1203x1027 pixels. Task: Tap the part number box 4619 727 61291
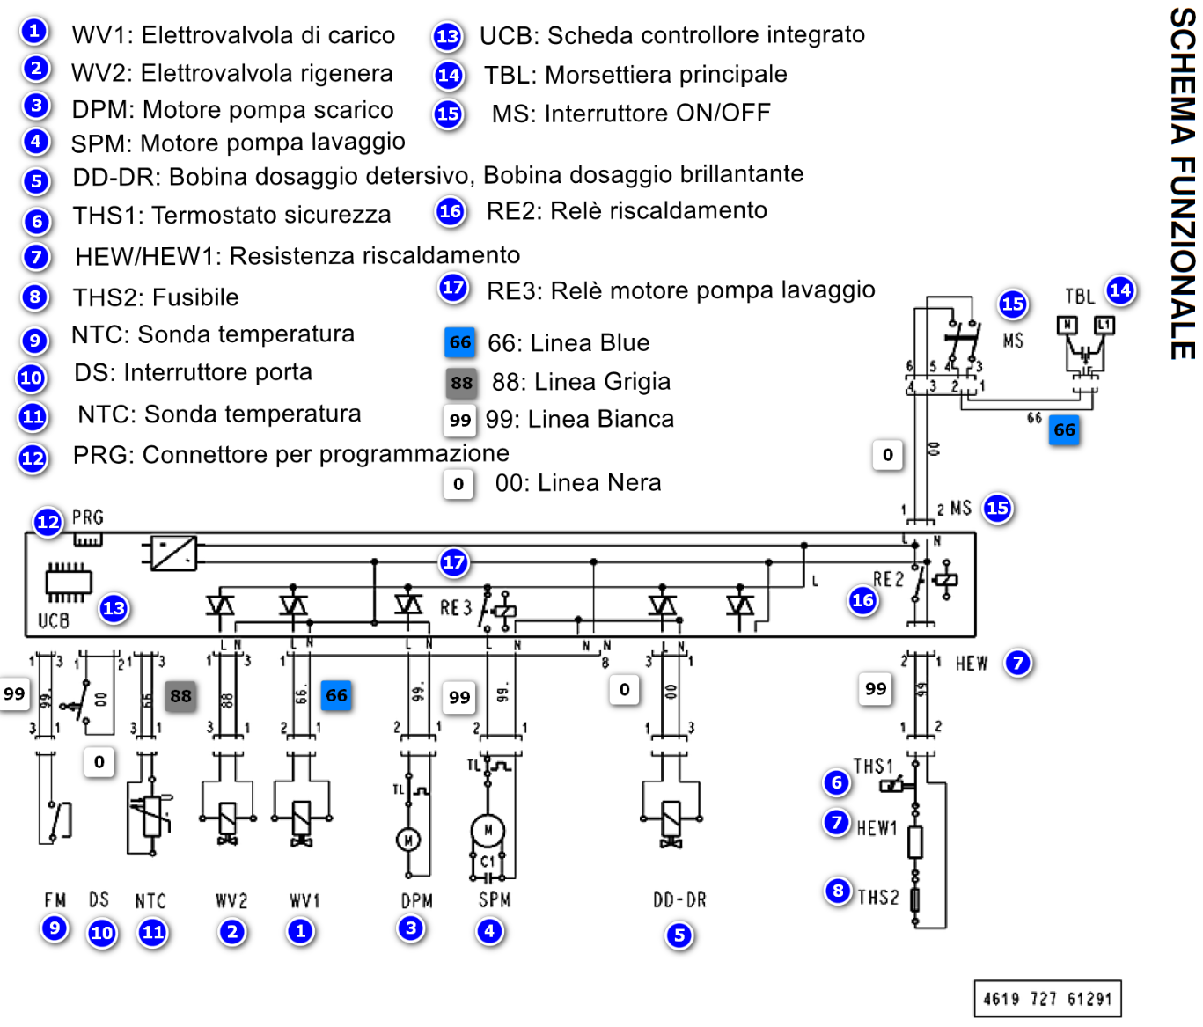pyautogui.click(x=1047, y=999)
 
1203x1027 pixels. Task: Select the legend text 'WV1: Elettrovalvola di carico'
pyautogui.click(x=233, y=35)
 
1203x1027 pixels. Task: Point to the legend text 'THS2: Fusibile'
pyautogui.click(x=156, y=297)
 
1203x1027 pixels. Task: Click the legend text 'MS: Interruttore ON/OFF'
pyautogui.click(x=631, y=114)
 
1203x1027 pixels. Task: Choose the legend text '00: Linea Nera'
pyautogui.click(x=578, y=483)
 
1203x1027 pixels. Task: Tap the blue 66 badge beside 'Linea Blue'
pyautogui.click(x=460, y=342)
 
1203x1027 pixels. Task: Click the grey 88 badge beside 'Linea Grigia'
pyautogui.click(x=461, y=383)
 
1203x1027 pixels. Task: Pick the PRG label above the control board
pyautogui.click(x=88, y=517)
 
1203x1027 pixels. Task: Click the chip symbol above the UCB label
pyautogui.click(x=69, y=582)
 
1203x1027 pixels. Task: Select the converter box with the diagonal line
pyautogui.click(x=173, y=553)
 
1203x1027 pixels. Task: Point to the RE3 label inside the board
pyautogui.click(x=456, y=608)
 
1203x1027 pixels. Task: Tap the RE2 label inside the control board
pyautogui.click(x=888, y=579)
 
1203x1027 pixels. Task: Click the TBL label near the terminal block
pyautogui.click(x=1080, y=297)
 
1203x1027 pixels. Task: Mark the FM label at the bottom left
pyautogui.click(x=55, y=900)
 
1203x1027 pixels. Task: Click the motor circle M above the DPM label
pyautogui.click(x=407, y=840)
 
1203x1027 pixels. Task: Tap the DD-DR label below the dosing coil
pyautogui.click(x=679, y=900)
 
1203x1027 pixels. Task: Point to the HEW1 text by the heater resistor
pyautogui.click(x=877, y=828)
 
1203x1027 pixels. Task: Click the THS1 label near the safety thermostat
pyautogui.click(x=873, y=766)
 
